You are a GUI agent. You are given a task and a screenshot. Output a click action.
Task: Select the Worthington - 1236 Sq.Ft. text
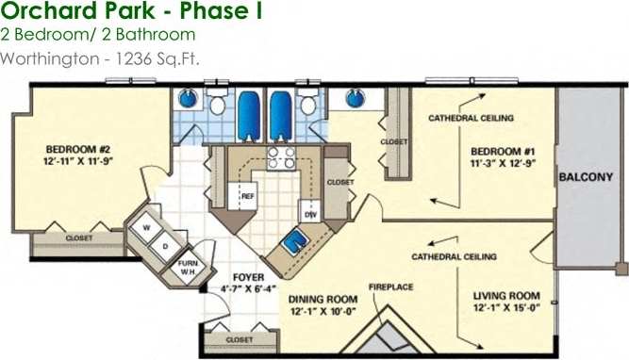[101, 57]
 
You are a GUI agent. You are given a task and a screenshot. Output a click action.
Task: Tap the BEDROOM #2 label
[80, 155]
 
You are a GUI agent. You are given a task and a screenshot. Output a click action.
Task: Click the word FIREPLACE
[389, 286]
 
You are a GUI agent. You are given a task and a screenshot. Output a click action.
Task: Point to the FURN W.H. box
[189, 268]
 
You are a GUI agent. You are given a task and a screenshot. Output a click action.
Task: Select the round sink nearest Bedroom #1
[355, 98]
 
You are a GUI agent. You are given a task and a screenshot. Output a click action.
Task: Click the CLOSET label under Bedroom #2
[79, 238]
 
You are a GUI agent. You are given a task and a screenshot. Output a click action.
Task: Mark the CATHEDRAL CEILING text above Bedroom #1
[471, 119]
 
